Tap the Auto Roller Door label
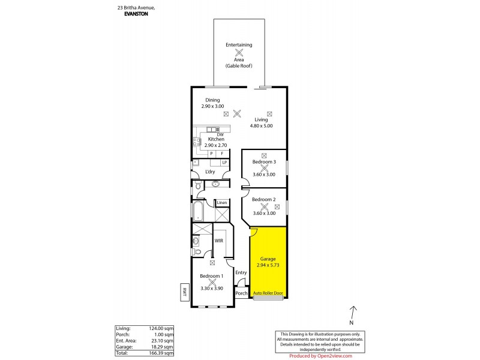pos(268,293)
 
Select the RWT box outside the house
pos(184,292)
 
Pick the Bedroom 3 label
pos(263,162)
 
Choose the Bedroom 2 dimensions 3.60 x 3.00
pos(263,212)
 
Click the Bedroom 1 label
pos(212,275)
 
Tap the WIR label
pos(219,241)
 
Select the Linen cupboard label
pos(222,202)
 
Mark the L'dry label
pos(210,172)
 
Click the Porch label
pos(241,293)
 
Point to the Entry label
pos(241,273)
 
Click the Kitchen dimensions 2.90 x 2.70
pos(215,145)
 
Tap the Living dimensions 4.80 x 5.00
pos(260,126)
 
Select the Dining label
pos(212,100)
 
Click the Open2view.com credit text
pos(328,355)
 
